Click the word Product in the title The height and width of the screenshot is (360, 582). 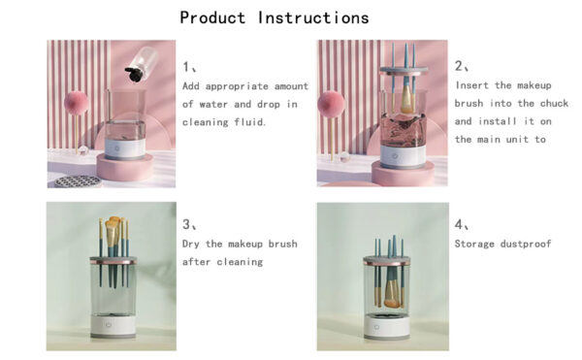pos(214,17)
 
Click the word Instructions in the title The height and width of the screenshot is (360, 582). pos(313,17)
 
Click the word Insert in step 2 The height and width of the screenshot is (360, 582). pos(473,85)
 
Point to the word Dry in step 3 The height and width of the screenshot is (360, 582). pos(192,244)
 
